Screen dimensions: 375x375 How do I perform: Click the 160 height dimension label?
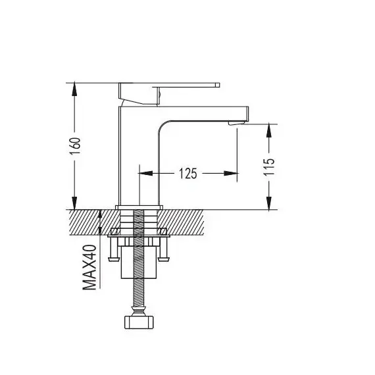(76, 146)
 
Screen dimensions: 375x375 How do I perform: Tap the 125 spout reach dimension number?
(188, 174)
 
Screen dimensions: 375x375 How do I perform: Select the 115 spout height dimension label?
(269, 166)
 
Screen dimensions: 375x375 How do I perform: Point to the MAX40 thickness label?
(89, 267)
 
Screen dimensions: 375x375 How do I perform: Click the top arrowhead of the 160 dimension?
(74, 89)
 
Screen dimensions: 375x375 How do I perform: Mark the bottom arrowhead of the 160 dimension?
(74, 203)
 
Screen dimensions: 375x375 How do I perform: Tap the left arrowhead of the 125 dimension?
(145, 173)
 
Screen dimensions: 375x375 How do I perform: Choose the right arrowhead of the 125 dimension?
(230, 173)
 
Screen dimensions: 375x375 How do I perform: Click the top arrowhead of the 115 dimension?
(269, 130)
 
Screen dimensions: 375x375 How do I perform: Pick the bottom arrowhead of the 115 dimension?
(269, 203)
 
